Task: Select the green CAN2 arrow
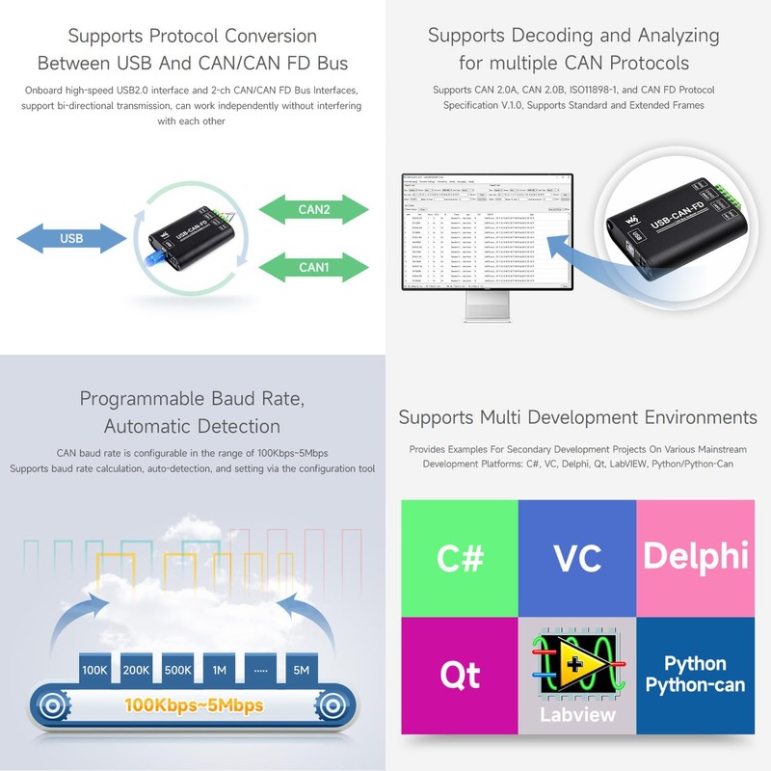[314, 209]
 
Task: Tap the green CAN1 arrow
[314, 267]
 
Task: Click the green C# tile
[459, 558]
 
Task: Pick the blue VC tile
[577, 558]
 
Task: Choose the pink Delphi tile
[695, 556]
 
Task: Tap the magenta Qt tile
[459, 675]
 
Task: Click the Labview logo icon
[576, 664]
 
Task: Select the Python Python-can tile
[695, 675]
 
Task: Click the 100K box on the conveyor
[94, 669]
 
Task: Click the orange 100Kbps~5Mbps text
[193, 705]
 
